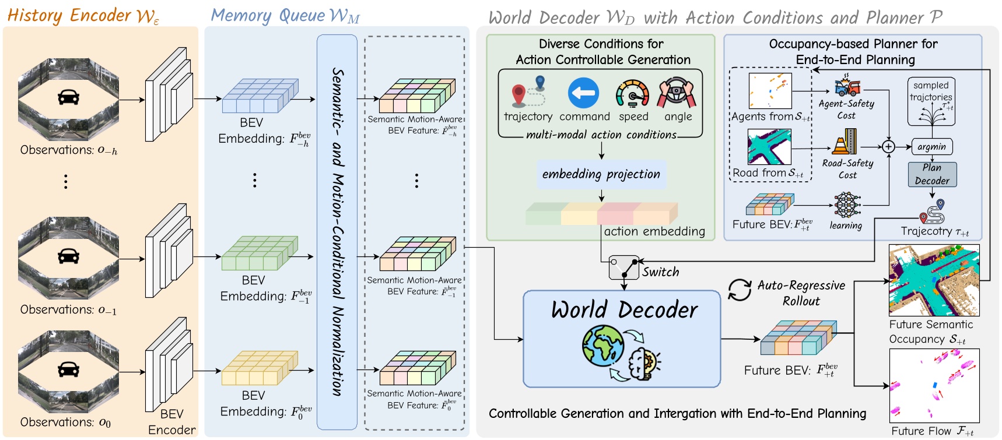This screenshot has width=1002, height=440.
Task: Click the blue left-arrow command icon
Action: click(x=583, y=93)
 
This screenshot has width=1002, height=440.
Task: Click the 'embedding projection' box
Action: click(x=601, y=174)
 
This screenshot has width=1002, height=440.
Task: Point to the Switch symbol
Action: click(x=623, y=267)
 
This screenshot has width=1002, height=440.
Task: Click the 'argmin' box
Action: click(x=931, y=147)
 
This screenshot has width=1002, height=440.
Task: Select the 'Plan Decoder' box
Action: click(x=932, y=174)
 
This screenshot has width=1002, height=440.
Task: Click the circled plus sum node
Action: click(x=888, y=147)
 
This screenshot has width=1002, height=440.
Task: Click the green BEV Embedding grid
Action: click(x=260, y=253)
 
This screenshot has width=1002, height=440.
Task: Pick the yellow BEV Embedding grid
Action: click(x=260, y=368)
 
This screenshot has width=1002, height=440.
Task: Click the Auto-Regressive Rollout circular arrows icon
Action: click(x=740, y=290)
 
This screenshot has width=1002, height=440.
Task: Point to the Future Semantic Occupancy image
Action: click(x=934, y=281)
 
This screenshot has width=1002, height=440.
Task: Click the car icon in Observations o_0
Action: click(x=68, y=369)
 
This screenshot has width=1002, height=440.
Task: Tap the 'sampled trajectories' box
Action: click(x=931, y=101)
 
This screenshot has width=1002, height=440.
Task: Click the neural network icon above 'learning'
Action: click(x=847, y=206)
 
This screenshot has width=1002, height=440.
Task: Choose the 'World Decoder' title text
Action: click(x=623, y=309)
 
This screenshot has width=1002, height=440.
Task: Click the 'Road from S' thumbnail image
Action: click(x=769, y=147)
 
